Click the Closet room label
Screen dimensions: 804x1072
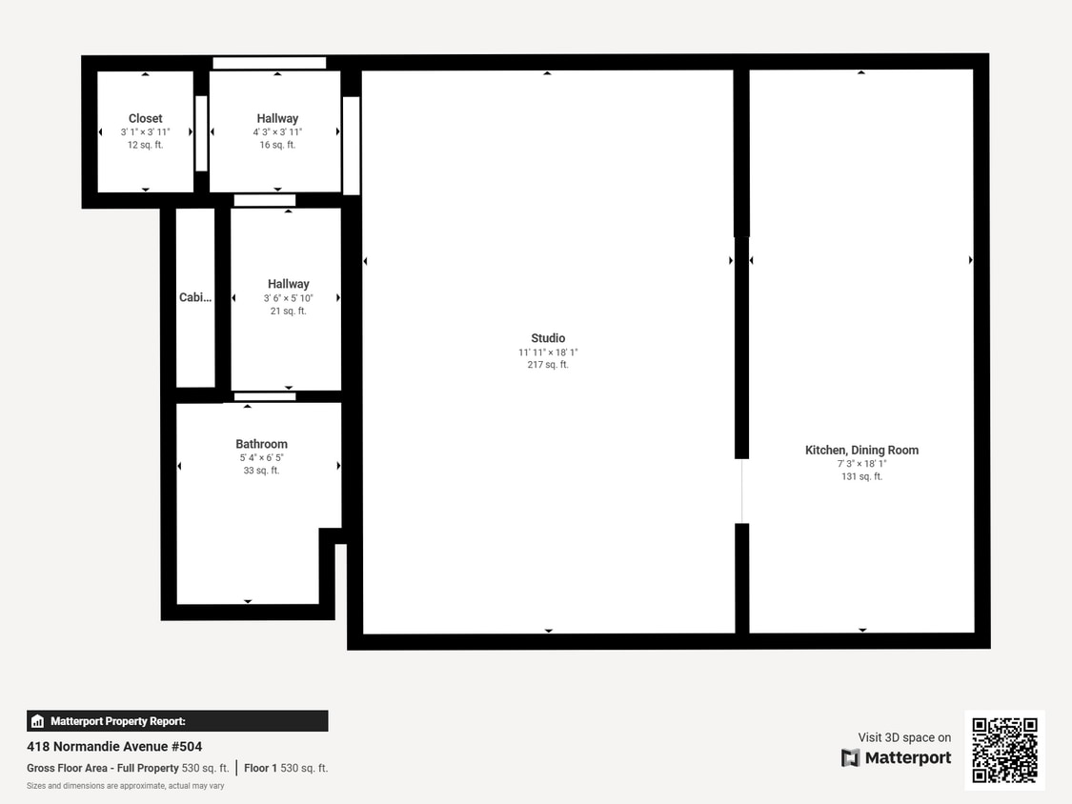[x=145, y=119]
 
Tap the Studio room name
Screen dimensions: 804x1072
[x=548, y=338]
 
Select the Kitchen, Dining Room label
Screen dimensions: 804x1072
[x=861, y=450]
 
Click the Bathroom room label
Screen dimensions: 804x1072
[x=261, y=444]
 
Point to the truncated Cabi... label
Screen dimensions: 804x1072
[x=195, y=297]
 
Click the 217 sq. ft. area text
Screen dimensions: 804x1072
[x=548, y=365]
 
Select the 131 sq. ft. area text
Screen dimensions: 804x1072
[x=861, y=476]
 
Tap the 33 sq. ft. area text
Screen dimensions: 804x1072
[x=261, y=471]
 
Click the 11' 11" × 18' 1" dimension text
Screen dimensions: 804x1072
[x=548, y=352]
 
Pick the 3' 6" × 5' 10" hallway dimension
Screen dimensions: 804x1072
[x=288, y=298]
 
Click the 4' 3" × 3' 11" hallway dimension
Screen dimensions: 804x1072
[x=277, y=132]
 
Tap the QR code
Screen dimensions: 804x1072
[x=1004, y=751]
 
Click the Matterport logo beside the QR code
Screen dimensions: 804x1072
[x=896, y=757]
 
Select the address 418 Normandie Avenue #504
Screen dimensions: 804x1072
[x=114, y=747]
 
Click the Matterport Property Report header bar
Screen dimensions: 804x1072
[x=177, y=721]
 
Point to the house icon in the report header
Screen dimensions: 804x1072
[x=37, y=721]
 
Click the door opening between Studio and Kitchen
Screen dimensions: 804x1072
[x=741, y=491]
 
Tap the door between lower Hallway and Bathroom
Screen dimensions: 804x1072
[x=265, y=396]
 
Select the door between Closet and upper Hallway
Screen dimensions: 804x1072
[x=201, y=133]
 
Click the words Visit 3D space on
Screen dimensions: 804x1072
[x=904, y=737]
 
